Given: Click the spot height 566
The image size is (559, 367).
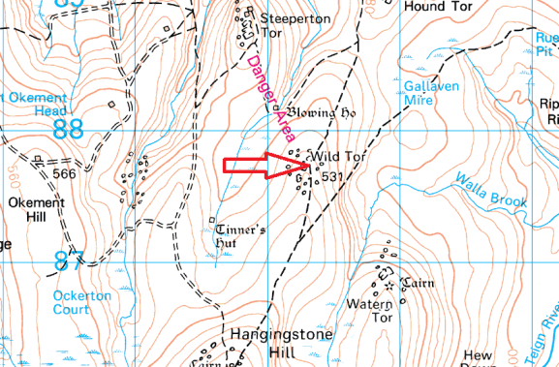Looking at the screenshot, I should pyautogui.click(x=65, y=174).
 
